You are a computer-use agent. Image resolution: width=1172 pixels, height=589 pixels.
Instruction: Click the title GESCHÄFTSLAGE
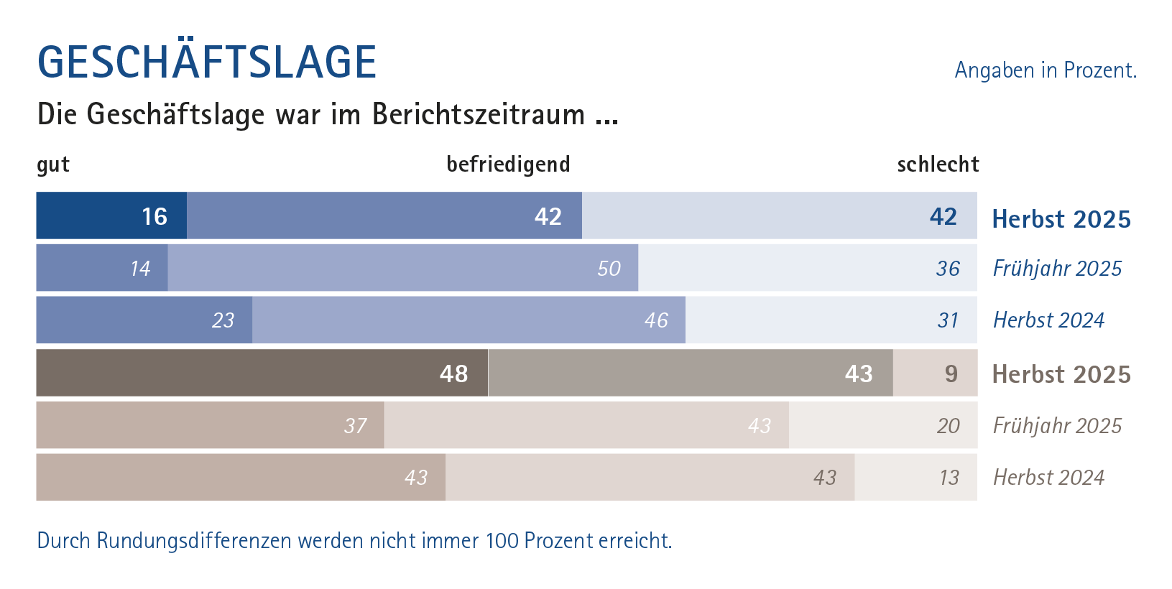207,62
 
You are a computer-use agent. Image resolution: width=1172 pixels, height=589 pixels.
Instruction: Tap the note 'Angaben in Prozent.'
1045,70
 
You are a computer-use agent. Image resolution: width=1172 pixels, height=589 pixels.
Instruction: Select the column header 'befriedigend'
508,164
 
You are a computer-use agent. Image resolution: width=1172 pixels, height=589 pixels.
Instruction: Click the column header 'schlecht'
938,164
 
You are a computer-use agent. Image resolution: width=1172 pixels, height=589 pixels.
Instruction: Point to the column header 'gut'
53,164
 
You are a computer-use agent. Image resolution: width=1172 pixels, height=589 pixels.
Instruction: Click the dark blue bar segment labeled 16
111,215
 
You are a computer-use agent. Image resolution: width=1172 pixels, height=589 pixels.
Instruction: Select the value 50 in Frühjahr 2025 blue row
609,269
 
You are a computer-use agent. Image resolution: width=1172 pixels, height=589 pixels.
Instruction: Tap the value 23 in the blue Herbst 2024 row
223,320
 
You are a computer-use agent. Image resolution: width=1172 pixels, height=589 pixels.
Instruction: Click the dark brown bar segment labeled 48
262,374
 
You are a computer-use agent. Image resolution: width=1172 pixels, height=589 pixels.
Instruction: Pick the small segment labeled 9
935,374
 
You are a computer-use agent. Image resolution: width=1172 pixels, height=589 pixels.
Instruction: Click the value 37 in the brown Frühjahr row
355,426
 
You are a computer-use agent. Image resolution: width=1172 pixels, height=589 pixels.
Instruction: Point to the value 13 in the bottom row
949,478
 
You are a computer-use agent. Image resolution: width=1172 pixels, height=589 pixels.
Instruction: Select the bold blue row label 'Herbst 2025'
1061,219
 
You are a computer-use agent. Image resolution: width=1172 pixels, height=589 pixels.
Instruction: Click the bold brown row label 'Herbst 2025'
1061,374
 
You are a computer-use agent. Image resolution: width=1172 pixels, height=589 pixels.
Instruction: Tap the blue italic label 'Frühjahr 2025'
1056,269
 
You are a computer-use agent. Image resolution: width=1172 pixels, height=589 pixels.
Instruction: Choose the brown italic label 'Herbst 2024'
1048,478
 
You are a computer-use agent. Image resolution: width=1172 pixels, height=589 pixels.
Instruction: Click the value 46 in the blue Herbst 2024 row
656,320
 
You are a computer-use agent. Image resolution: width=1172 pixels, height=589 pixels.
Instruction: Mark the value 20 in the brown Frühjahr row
948,426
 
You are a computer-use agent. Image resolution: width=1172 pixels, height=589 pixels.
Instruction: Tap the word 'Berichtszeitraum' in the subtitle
479,115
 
